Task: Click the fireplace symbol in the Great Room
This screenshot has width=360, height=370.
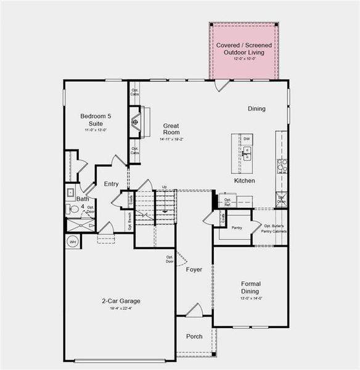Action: [135, 121]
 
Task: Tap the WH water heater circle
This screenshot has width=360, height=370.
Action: [72, 242]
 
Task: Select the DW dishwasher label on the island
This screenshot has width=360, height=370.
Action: [247, 140]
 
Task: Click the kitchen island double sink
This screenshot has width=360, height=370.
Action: [247, 154]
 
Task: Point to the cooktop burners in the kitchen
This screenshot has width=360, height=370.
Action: [282, 166]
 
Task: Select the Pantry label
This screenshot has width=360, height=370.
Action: [237, 228]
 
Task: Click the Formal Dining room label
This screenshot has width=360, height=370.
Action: [250, 287]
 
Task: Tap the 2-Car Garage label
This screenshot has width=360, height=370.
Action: [121, 301]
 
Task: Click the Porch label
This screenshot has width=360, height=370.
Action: [194, 336]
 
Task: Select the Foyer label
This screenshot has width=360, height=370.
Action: [194, 269]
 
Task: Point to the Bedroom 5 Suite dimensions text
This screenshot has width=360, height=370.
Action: [96, 130]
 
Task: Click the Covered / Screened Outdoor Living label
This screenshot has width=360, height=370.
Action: [243, 49]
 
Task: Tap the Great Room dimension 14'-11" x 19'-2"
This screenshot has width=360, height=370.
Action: [171, 139]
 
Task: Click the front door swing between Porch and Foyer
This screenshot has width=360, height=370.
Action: [194, 310]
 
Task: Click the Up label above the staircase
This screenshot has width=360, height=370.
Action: [164, 187]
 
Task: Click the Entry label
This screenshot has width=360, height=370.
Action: [111, 184]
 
